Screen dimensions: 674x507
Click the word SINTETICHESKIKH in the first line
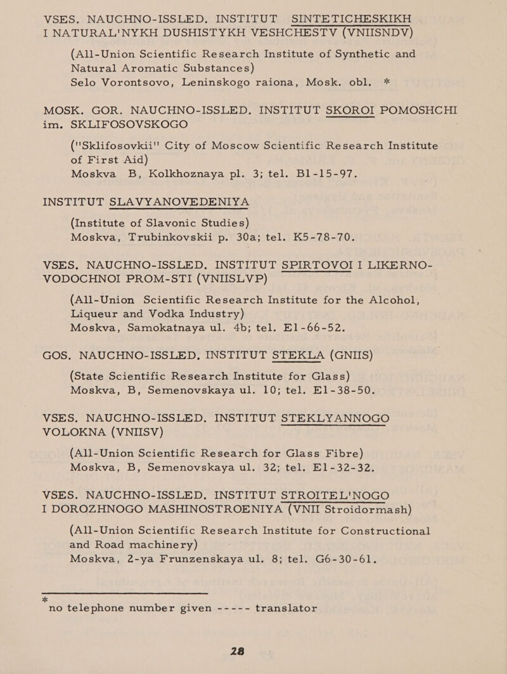point(390,11)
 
